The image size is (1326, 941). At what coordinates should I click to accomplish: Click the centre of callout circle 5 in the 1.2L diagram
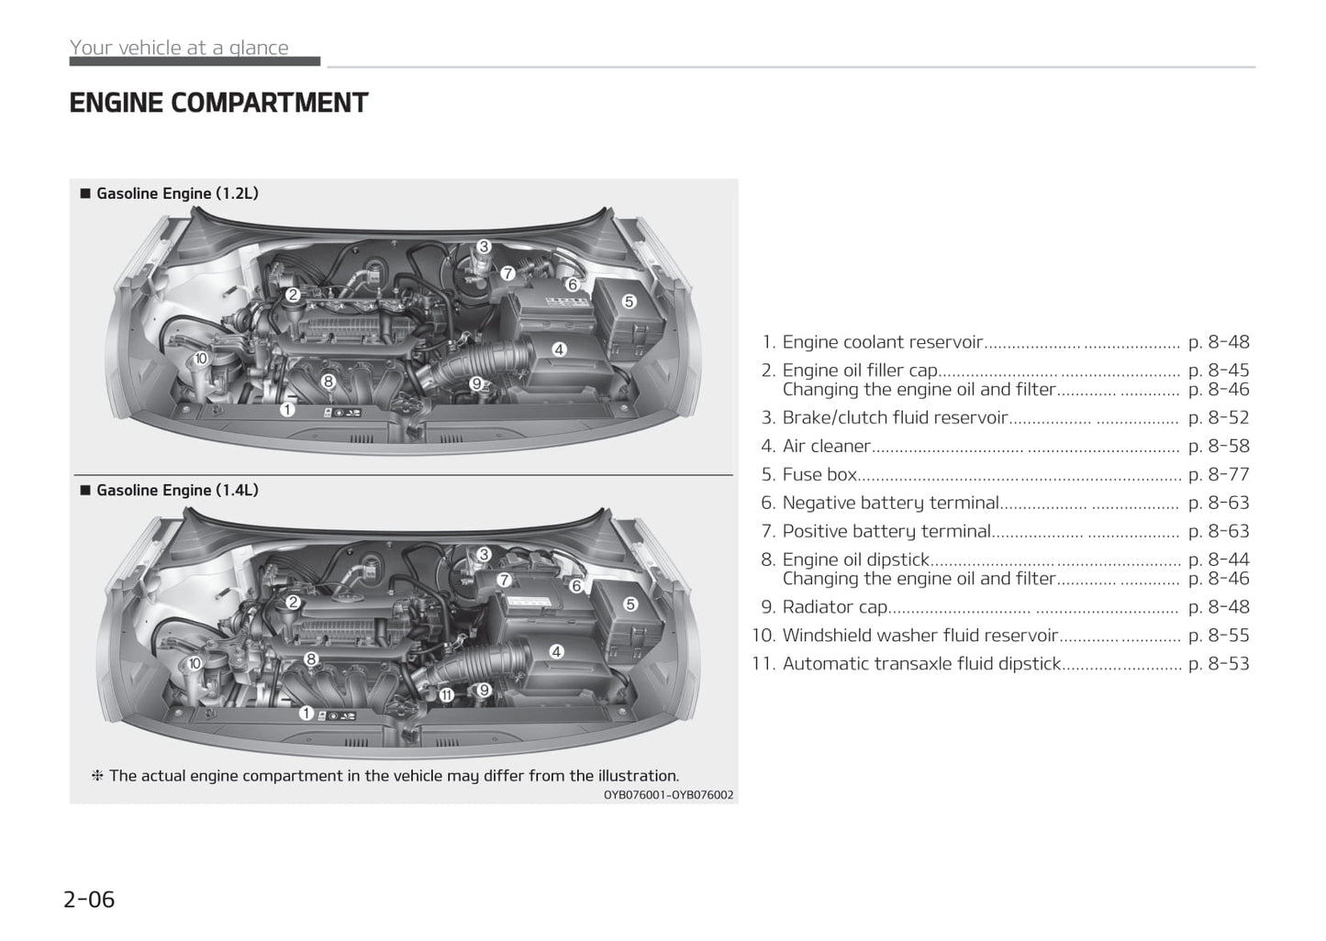click(629, 302)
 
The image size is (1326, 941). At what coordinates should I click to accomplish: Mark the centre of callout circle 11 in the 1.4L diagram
click(446, 695)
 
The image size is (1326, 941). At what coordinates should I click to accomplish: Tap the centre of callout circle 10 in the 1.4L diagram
click(195, 663)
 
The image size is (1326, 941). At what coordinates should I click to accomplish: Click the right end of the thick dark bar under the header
click(320, 61)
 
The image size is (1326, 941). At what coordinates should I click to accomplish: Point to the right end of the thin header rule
click(1255, 67)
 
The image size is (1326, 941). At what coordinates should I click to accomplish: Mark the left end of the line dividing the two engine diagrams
click(74, 475)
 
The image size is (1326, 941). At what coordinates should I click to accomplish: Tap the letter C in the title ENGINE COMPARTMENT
click(179, 103)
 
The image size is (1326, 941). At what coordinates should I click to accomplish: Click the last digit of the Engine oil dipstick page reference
click(1244, 559)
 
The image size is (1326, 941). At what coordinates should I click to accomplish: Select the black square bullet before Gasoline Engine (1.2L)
click(85, 194)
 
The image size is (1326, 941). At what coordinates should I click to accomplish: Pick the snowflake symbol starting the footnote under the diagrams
click(97, 776)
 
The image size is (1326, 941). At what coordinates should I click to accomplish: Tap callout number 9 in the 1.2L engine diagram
click(476, 383)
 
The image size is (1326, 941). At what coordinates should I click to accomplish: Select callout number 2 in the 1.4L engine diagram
click(293, 603)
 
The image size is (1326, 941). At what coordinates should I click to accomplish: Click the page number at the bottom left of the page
click(89, 900)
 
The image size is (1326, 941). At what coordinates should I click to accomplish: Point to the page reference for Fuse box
click(1219, 474)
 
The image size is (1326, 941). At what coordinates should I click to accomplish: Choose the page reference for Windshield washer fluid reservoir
click(1219, 635)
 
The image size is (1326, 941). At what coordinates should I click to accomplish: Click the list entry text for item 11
click(921, 663)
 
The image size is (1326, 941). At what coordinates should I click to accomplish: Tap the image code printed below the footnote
click(668, 795)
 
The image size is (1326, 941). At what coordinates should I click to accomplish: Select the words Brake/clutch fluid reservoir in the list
click(895, 417)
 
